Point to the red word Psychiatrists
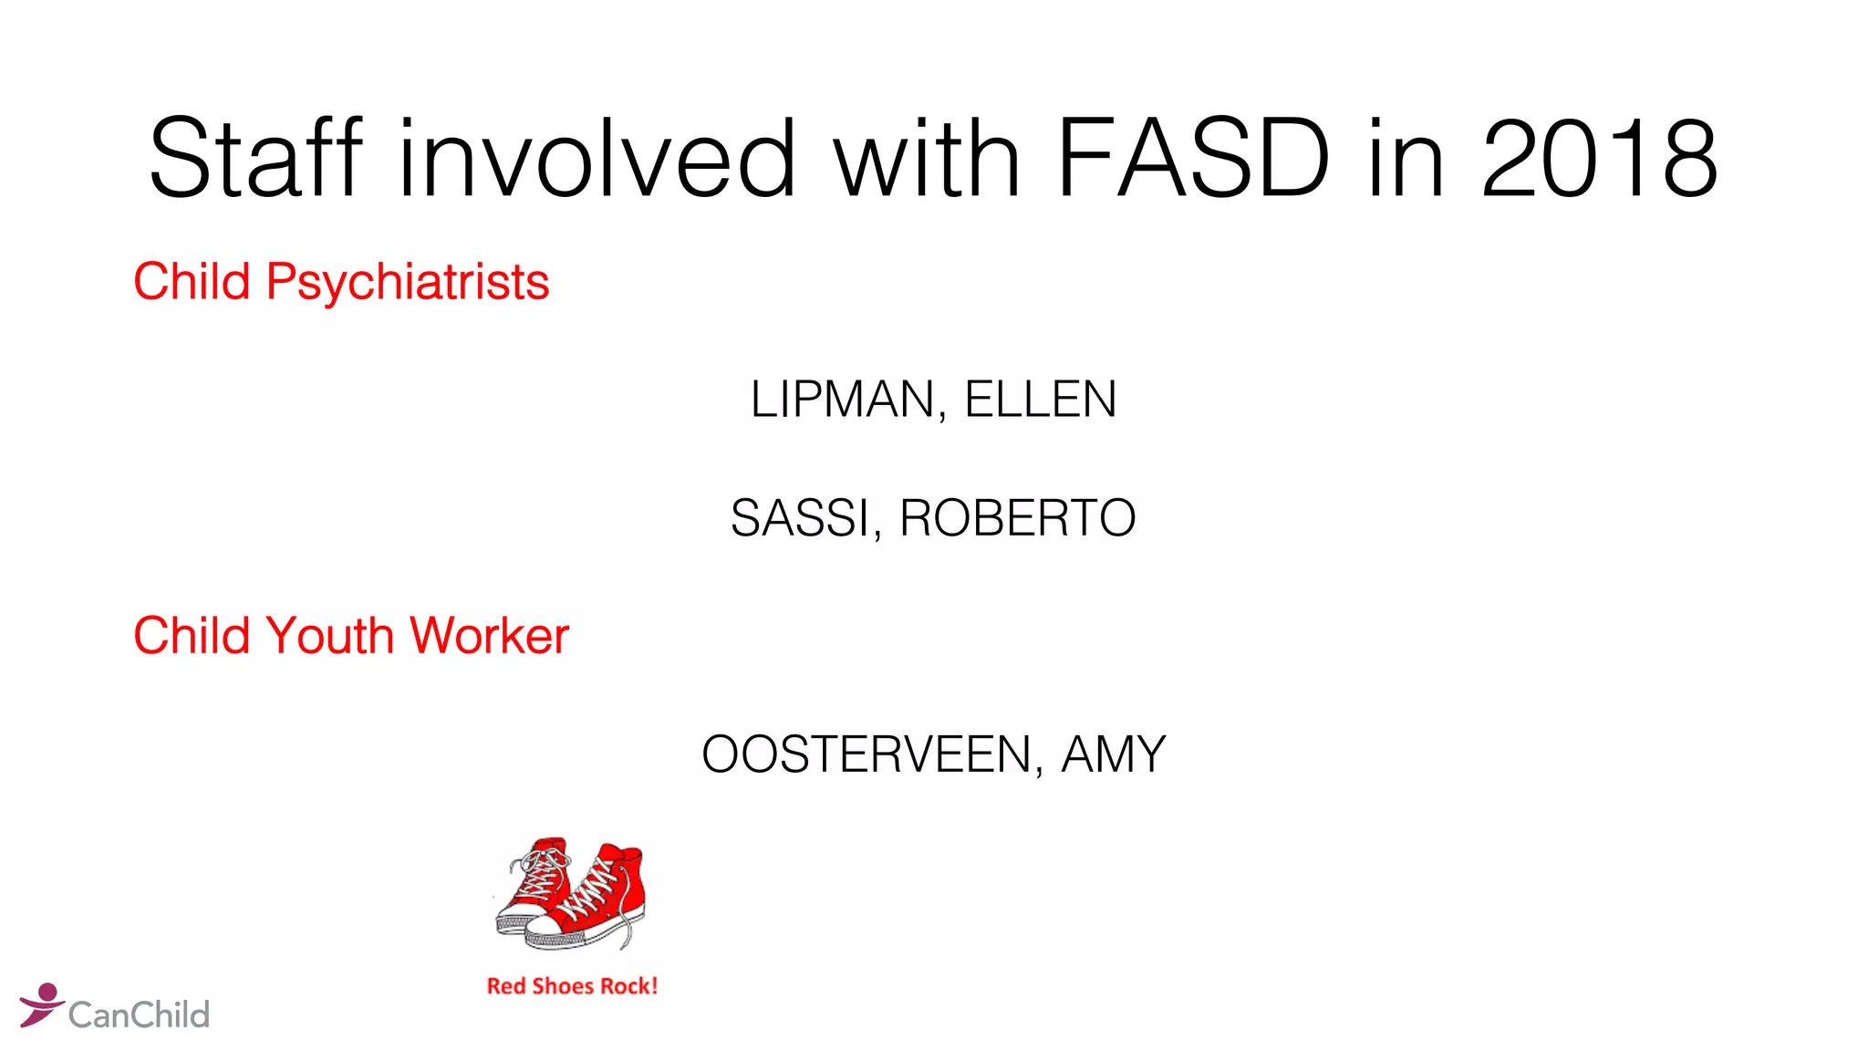[408, 282]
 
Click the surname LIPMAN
[843, 400]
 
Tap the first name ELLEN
[1041, 400]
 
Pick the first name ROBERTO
[1018, 518]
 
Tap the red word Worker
[490, 636]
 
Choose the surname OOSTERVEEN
[867, 754]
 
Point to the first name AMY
[1114, 754]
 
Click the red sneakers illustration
[571, 895]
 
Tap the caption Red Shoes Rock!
[572, 986]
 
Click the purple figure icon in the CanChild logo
[41, 1004]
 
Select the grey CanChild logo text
[139, 1015]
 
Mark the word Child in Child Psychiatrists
[192, 282]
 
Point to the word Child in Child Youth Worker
[192, 636]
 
